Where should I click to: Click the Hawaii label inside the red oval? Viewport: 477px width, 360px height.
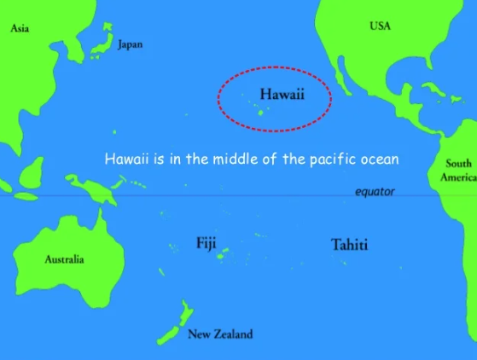click(282, 94)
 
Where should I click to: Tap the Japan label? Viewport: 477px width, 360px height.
click(131, 44)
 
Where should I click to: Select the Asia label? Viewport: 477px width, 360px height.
click(20, 28)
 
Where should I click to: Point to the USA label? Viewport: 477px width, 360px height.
click(381, 26)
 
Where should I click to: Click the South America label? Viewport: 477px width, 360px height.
click(458, 170)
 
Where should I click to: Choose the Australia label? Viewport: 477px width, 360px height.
click(64, 259)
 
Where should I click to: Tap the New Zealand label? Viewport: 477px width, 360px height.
click(220, 334)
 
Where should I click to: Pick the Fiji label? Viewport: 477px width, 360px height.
click(206, 243)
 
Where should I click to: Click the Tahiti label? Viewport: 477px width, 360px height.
click(349, 245)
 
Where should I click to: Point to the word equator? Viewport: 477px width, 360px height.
click(375, 192)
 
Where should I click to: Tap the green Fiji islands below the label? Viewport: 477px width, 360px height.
click(223, 254)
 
